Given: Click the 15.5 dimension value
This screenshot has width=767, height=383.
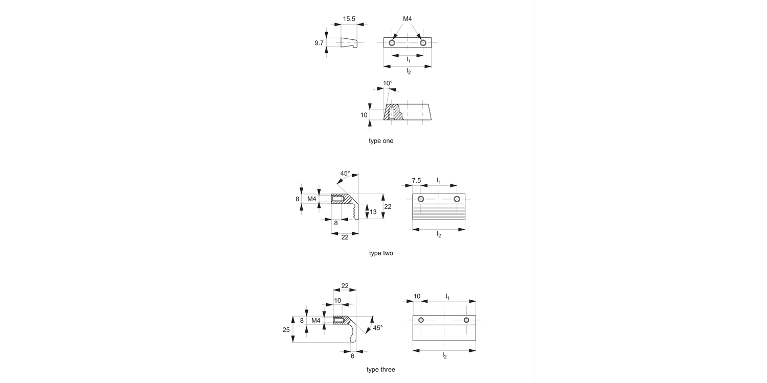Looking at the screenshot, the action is tap(349, 19).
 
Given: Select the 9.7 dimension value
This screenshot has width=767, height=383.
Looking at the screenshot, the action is tap(319, 43).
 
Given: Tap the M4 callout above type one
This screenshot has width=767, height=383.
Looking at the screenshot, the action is tap(408, 19).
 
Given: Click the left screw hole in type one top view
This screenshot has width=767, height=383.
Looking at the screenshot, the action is tap(392, 43).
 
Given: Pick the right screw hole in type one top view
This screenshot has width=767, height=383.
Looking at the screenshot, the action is tap(423, 43).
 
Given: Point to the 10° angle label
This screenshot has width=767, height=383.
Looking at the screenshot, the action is tap(388, 83).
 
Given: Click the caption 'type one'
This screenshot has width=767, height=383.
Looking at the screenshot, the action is tap(381, 141).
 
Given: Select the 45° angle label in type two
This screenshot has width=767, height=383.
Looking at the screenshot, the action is tap(345, 174).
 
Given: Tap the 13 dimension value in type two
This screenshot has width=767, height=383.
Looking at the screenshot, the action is tap(373, 212).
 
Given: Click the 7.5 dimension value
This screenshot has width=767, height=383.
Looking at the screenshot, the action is tap(416, 181).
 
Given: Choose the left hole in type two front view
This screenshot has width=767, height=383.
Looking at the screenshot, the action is tap(421, 199).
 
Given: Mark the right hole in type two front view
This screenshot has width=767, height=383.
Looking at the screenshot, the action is tap(457, 199).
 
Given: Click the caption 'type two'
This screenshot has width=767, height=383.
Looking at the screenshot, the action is tap(381, 253).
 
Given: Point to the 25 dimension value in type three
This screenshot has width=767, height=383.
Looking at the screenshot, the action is tap(286, 330).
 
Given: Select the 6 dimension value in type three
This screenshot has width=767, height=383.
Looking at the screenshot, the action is tap(352, 356).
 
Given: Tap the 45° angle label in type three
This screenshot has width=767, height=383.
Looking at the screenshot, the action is tap(378, 328).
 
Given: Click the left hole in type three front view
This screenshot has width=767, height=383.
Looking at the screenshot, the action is tap(421, 320).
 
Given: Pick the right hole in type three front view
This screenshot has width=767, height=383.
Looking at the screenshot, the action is tap(466, 320).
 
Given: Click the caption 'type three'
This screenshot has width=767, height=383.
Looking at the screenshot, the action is tap(381, 370).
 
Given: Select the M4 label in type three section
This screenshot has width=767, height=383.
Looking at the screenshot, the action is tap(316, 320).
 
